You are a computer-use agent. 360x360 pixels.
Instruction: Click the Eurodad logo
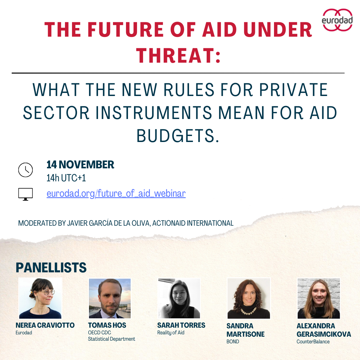point(337,20)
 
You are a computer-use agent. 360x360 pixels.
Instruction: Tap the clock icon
point(25,170)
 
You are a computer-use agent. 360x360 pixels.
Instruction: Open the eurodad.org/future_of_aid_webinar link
point(116,193)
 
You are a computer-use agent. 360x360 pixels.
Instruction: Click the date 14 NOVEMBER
point(80,165)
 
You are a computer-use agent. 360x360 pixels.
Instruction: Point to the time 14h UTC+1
point(66,178)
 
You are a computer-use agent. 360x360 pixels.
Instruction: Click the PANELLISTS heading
point(51,268)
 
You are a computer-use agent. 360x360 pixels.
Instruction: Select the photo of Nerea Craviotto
point(40,298)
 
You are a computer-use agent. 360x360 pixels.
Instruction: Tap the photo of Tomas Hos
point(110,298)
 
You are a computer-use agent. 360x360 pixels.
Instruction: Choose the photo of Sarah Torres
point(179,298)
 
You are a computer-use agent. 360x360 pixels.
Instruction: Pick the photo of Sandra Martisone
point(249,298)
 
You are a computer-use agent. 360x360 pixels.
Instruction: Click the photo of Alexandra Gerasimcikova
point(319,298)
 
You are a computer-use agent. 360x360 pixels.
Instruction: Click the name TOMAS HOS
point(107,325)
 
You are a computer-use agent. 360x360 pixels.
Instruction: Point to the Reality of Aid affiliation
point(171,333)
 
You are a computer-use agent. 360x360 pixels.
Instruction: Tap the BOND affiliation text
point(233,341)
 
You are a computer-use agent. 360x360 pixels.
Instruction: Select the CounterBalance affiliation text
point(313,341)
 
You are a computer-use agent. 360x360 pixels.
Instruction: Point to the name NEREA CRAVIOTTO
point(45,325)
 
